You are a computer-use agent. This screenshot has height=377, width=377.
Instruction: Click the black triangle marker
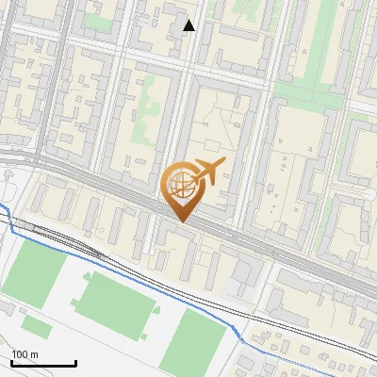[189, 25]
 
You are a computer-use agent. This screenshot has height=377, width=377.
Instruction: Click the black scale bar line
[43, 363]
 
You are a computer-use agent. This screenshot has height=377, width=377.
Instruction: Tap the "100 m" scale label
[25, 354]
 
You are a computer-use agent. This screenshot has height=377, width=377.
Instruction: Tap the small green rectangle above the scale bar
[37, 327]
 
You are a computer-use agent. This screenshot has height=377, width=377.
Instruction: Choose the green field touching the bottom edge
[198, 344]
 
